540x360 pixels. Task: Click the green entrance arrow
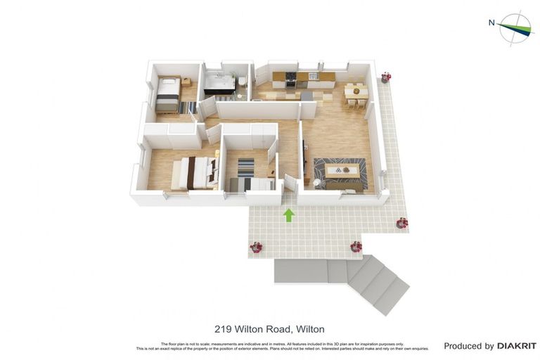click(288, 214)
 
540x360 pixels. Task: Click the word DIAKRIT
click(517, 346)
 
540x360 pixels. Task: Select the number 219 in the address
click(222, 329)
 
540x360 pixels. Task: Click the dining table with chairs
click(356, 93)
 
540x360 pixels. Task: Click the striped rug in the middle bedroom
click(245, 167)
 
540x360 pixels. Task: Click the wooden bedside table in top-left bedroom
click(187, 82)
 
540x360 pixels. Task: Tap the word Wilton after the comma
click(310, 329)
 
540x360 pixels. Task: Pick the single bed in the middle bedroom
click(252, 185)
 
